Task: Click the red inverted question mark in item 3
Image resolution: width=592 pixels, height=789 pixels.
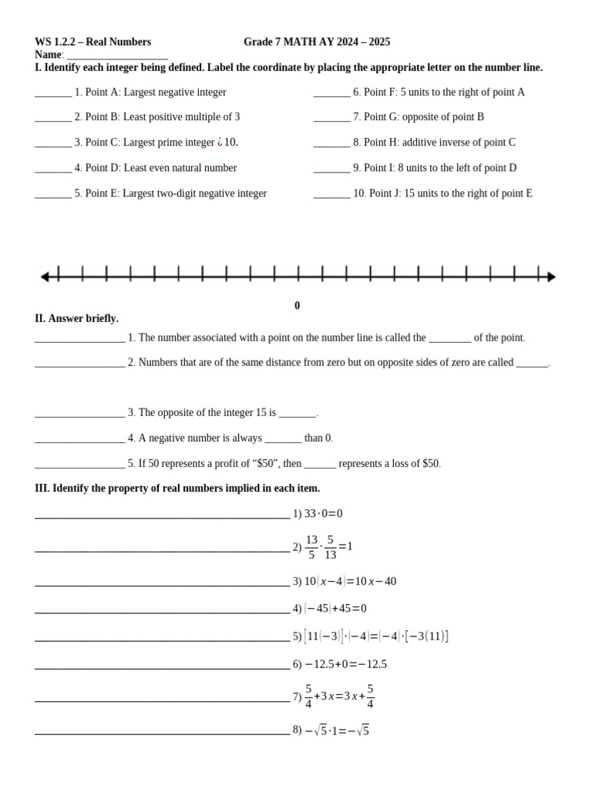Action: (x=220, y=143)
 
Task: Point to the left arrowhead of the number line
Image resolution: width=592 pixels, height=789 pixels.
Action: (x=45, y=277)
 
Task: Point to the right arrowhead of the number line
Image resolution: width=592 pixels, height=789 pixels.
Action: (x=551, y=277)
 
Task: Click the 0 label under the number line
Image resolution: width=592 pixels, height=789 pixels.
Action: (x=298, y=306)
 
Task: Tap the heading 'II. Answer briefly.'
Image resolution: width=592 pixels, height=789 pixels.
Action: (x=76, y=318)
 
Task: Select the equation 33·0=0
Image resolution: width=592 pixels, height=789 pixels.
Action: (x=323, y=514)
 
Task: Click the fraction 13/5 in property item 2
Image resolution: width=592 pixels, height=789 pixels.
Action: (x=311, y=546)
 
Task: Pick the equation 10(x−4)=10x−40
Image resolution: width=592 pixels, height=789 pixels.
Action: (x=350, y=582)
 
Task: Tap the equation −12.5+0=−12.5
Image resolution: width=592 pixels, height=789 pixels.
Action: (x=345, y=664)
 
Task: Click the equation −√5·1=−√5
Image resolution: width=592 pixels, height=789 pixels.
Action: (x=337, y=730)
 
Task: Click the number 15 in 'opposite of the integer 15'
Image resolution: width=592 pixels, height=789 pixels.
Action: (x=261, y=413)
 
